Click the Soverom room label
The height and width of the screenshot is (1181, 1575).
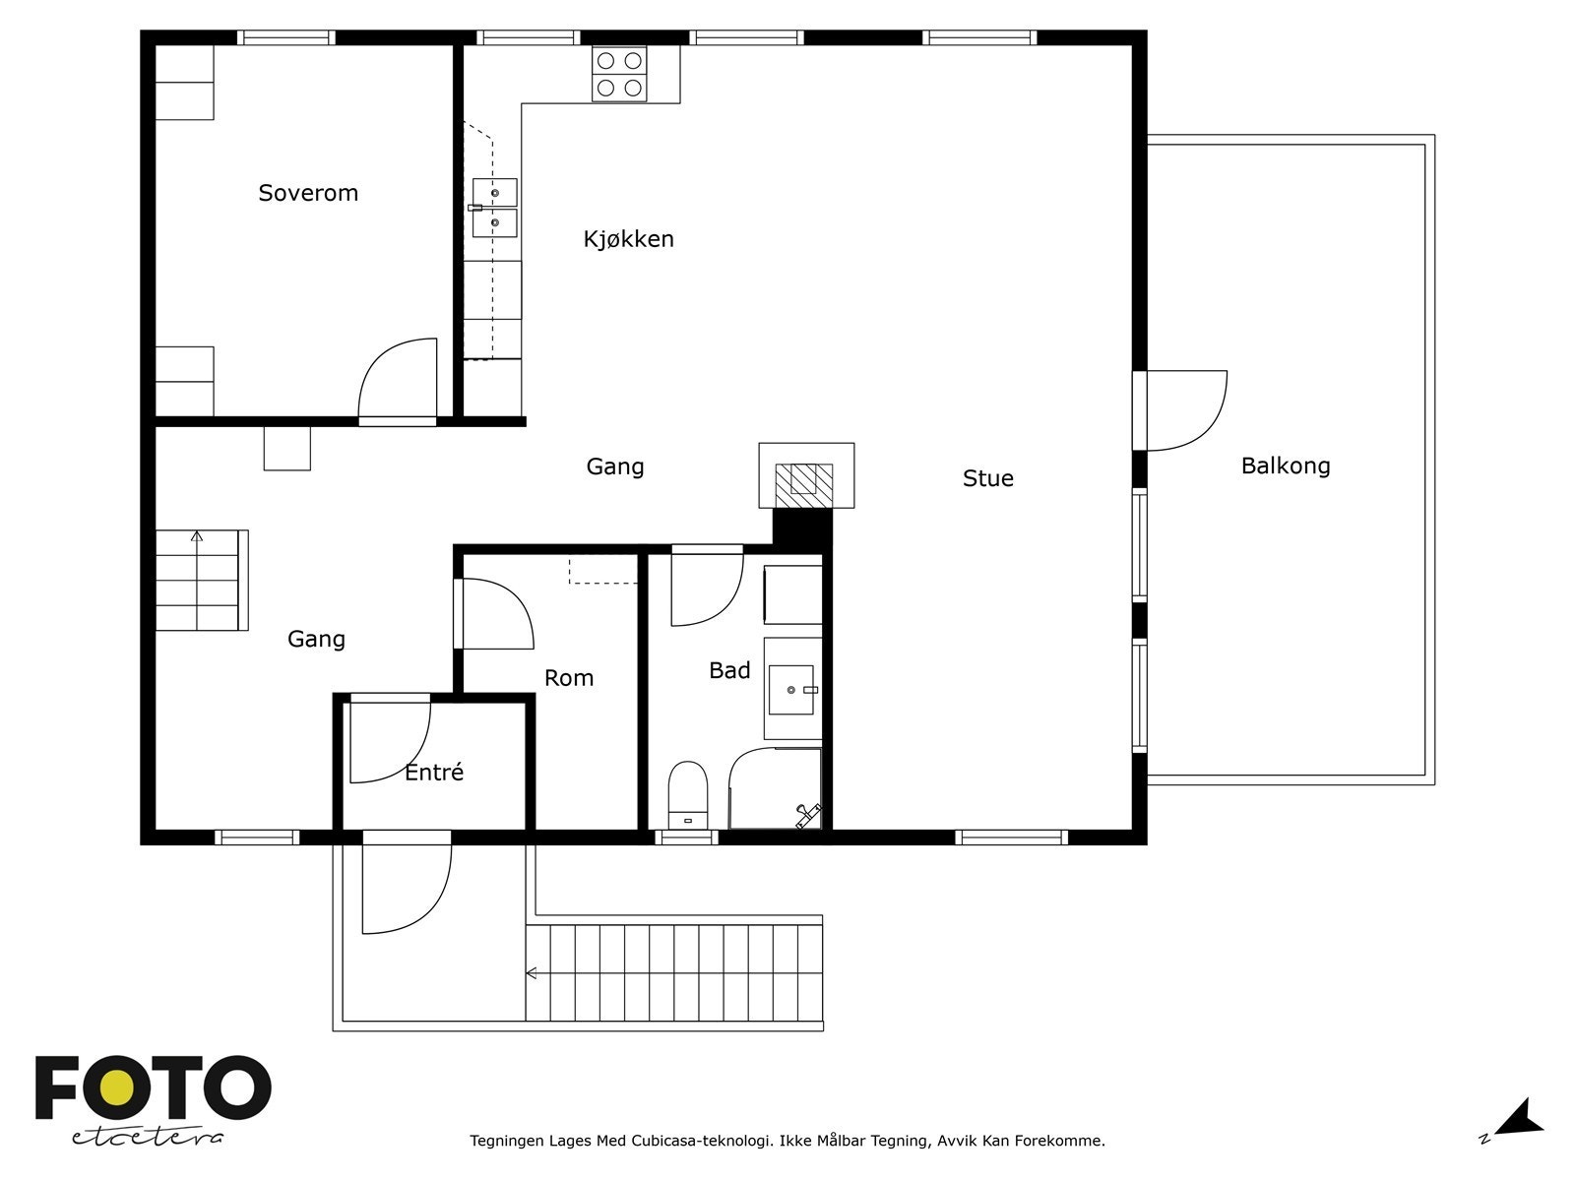coord(308,193)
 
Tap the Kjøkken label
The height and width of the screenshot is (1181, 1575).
coord(629,239)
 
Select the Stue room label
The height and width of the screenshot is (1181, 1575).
coord(988,478)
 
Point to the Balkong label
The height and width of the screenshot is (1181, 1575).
coord(1286,466)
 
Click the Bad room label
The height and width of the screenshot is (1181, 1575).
coord(729,670)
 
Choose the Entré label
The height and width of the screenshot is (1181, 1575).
coord(434,772)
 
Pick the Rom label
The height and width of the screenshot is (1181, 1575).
coord(569,678)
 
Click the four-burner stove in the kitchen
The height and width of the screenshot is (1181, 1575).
coord(619,75)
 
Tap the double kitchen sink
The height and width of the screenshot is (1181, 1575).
coord(494,208)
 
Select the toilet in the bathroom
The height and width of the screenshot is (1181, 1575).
coord(687,794)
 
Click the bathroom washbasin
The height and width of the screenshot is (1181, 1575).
coord(791,690)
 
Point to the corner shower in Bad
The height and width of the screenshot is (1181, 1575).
coord(775,788)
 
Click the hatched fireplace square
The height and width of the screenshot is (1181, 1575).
coord(804,485)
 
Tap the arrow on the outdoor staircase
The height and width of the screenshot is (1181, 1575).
coord(532,973)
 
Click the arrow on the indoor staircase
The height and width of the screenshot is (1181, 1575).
coord(197,535)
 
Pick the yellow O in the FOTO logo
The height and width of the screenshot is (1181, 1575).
coord(116,1088)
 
